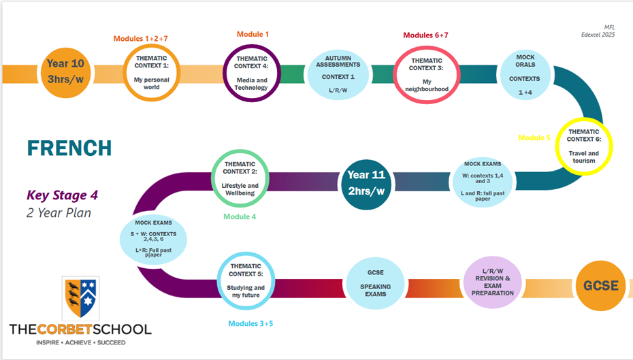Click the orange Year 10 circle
(x=66, y=73)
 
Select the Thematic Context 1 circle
(x=151, y=73)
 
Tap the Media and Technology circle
(x=252, y=73)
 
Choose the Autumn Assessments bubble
(x=338, y=75)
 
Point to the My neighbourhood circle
(x=427, y=75)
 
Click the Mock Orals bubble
(x=525, y=75)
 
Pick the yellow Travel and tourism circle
(x=584, y=146)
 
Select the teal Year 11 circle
(x=367, y=184)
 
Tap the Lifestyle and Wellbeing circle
(x=240, y=178)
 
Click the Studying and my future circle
(x=246, y=281)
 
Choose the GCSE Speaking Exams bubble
(x=376, y=283)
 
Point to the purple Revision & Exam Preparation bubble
(x=493, y=282)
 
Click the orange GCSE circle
(x=601, y=286)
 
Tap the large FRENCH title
(x=69, y=148)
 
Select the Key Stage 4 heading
(x=62, y=195)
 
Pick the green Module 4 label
(x=240, y=216)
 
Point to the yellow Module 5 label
(x=534, y=137)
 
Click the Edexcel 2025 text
(x=598, y=35)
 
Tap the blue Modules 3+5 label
(x=250, y=324)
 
